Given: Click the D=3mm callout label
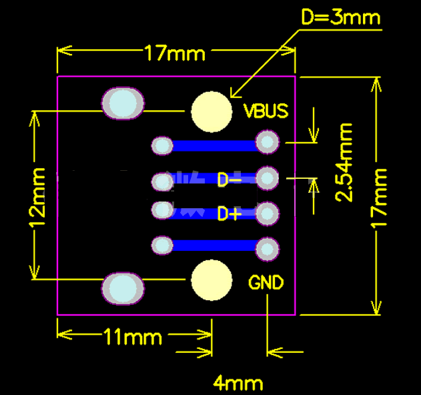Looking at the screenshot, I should (340, 17).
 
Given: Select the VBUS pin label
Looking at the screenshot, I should (266, 110).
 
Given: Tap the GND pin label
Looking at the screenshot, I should (266, 283).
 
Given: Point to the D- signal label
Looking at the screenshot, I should (230, 179).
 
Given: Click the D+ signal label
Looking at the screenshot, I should (230, 214).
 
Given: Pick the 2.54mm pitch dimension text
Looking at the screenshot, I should (344, 161).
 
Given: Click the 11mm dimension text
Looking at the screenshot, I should (133, 337).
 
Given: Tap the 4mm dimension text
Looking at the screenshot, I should (238, 384).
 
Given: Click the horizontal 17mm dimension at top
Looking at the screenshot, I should (175, 53).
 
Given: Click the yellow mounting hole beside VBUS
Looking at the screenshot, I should (212, 111).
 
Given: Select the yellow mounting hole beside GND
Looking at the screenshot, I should (212, 280).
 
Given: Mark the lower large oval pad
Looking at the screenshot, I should (123, 288).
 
